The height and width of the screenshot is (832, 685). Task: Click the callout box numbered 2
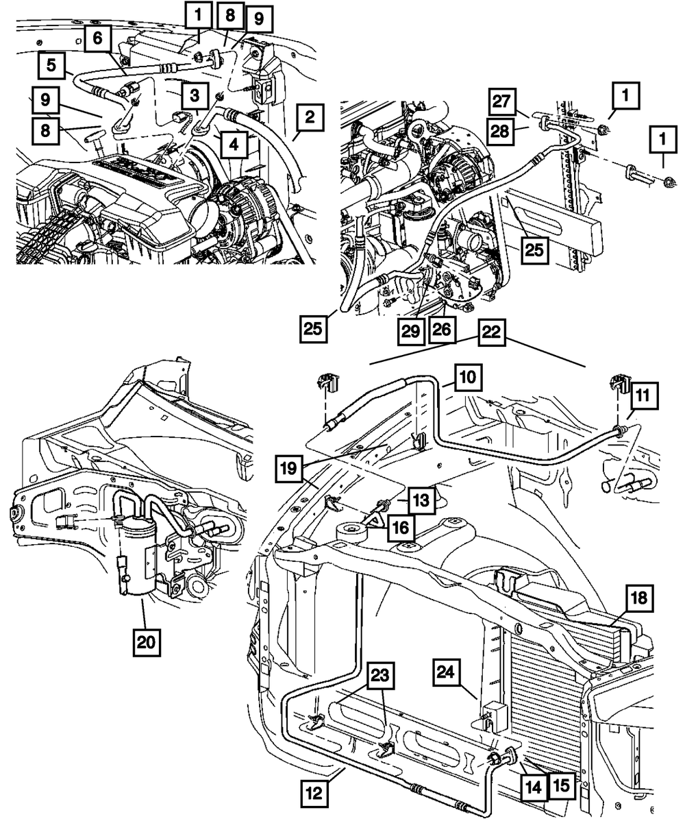pos(310,118)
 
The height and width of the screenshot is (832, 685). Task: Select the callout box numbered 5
pos(51,65)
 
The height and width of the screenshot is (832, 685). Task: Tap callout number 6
pos(97,38)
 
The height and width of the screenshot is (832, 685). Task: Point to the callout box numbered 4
pos(234,145)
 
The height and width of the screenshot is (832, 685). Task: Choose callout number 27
pos(501,101)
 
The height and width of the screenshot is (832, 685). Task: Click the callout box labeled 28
pos(500,131)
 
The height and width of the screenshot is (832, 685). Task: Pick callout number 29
pos(411,331)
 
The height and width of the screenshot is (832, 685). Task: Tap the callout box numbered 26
pos(441,330)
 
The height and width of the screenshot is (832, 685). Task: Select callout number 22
pos(491,332)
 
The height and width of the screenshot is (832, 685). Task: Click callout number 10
pos(469,377)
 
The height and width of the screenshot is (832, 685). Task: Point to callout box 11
pos(643,395)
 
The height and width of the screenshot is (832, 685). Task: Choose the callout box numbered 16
pos(401,528)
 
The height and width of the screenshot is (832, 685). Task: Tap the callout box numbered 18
pos(640,598)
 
